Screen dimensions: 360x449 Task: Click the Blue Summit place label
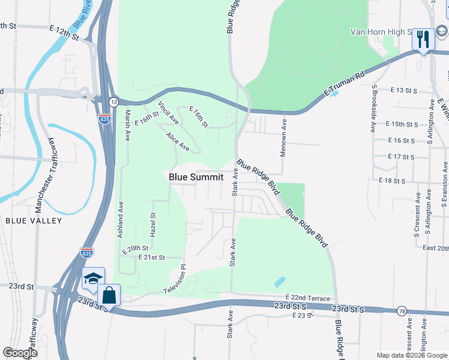click(196, 177)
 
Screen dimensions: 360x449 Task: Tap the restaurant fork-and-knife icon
click(423, 40)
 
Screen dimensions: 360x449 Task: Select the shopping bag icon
click(109, 295)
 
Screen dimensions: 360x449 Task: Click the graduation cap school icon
click(93, 278)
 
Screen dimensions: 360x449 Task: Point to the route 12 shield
click(113, 103)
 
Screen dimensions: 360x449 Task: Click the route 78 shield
click(401, 310)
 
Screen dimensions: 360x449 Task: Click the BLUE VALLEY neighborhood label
click(34, 221)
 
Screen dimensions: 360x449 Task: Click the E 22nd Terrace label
click(308, 298)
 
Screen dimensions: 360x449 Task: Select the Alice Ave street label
click(178, 142)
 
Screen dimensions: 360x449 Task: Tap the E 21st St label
click(151, 257)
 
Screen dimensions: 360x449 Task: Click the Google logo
click(20, 353)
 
